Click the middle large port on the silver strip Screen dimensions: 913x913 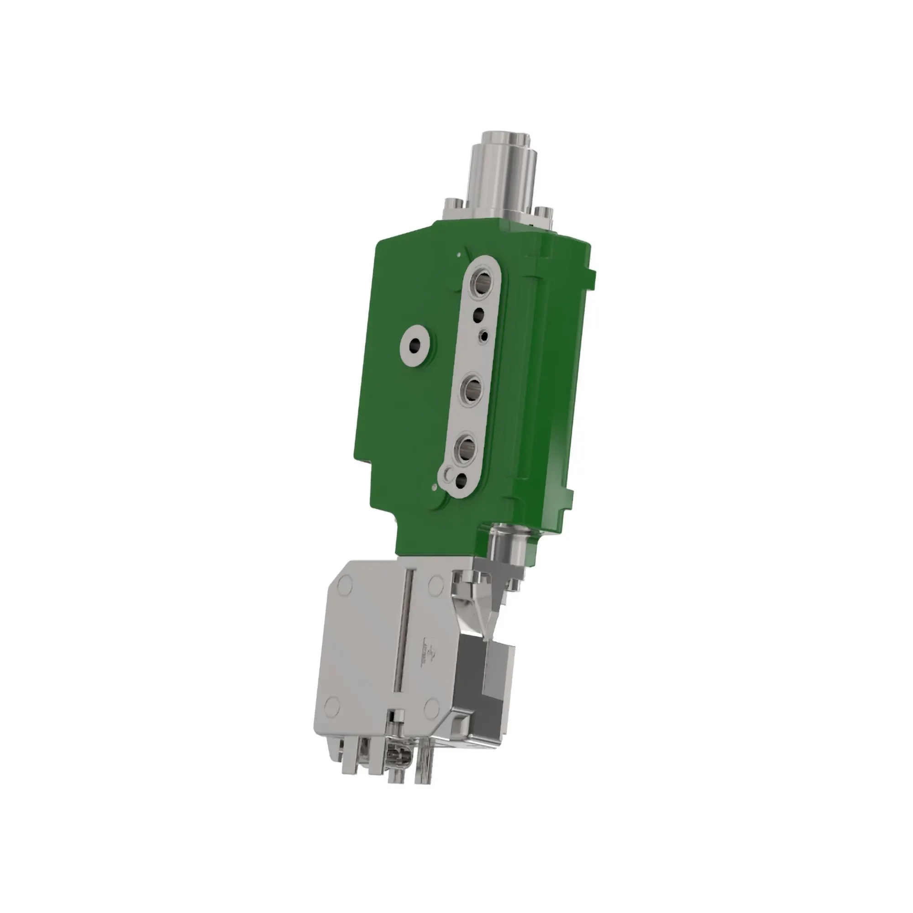(x=472, y=390)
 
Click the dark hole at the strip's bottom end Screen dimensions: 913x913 (x=460, y=481)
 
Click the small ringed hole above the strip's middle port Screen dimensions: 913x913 (x=483, y=336)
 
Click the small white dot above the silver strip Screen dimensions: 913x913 (x=459, y=254)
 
